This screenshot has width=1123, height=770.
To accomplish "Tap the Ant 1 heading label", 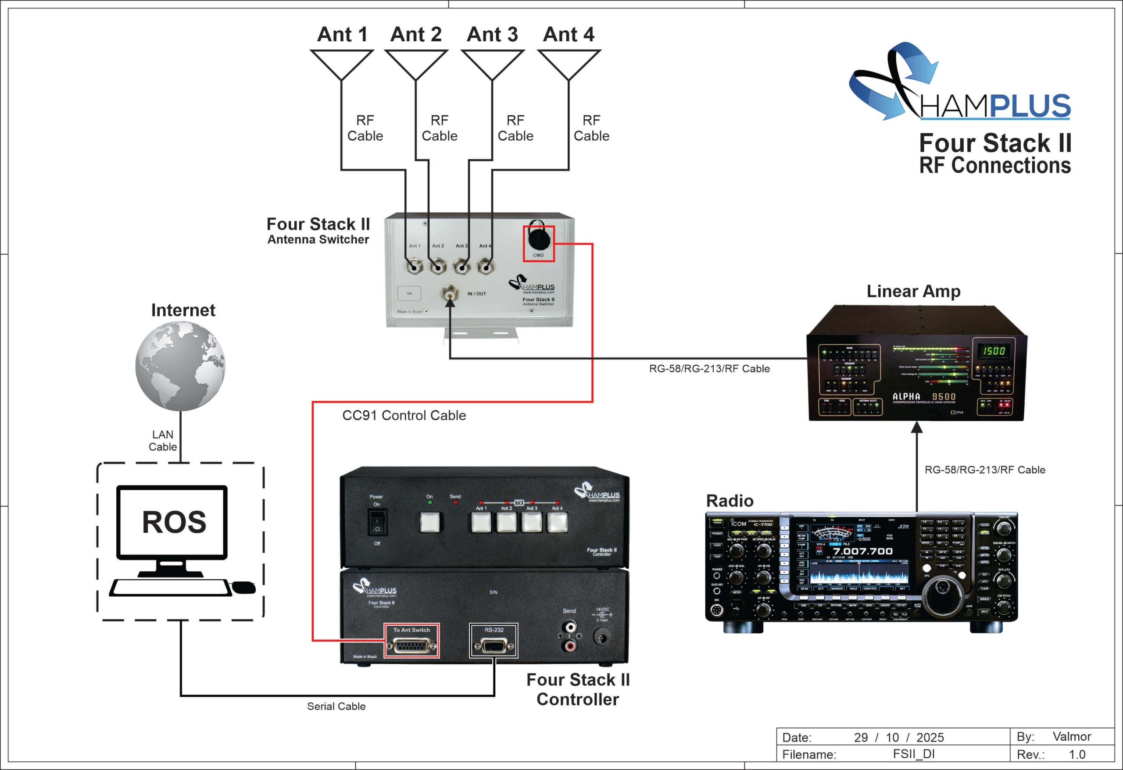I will click(342, 34).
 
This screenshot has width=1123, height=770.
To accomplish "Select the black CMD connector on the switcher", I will click(538, 238).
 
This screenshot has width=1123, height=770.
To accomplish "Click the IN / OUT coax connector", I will click(450, 293).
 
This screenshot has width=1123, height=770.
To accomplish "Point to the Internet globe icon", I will click(180, 366).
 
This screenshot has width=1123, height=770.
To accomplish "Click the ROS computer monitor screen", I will click(172, 522).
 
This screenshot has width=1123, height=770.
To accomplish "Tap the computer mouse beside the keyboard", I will click(244, 587).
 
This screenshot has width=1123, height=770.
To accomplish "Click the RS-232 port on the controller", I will click(494, 645).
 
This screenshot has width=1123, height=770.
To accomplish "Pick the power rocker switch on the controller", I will click(377, 523).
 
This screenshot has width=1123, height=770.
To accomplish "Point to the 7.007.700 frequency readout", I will click(862, 551).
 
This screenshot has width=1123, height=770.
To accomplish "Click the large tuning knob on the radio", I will click(942, 589).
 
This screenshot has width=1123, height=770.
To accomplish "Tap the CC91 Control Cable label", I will click(404, 415).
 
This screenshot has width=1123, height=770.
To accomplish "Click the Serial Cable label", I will click(336, 706).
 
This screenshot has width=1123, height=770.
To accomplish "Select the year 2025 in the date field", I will click(930, 738).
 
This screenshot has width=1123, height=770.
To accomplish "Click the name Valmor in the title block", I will click(1071, 737).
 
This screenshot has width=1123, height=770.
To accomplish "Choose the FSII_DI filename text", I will click(913, 754).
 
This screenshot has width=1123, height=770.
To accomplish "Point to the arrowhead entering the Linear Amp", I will click(917, 427).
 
